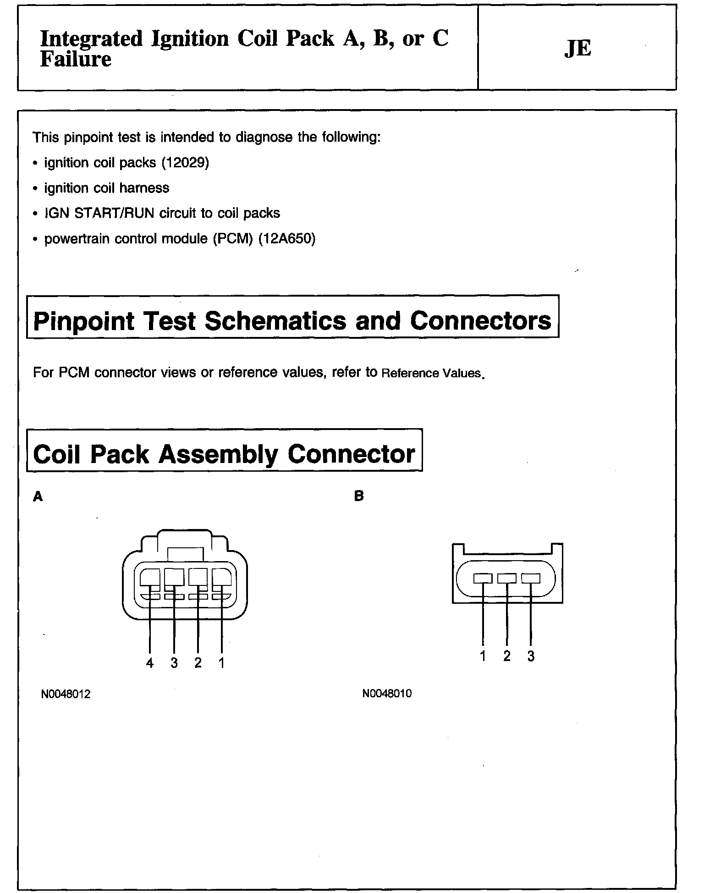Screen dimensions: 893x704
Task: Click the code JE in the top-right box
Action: pyautogui.click(x=577, y=49)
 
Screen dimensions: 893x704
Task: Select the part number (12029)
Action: pyautogui.click(x=185, y=163)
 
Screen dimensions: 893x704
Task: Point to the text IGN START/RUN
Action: pyautogui.click(x=99, y=213)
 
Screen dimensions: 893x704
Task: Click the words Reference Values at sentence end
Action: pyautogui.click(x=431, y=373)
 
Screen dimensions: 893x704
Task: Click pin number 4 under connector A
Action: pyautogui.click(x=150, y=663)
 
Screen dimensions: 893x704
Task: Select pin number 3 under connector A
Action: pyautogui.click(x=174, y=663)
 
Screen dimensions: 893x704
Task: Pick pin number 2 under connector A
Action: pyautogui.click(x=198, y=663)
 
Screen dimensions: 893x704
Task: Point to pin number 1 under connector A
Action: pyautogui.click(x=222, y=663)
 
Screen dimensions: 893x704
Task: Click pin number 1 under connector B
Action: pyautogui.click(x=483, y=656)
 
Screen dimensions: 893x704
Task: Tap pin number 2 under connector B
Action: pyautogui.click(x=507, y=656)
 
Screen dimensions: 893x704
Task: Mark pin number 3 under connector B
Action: pyautogui.click(x=531, y=656)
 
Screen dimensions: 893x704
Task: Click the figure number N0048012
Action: pyautogui.click(x=66, y=694)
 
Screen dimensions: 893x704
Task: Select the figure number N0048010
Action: pyautogui.click(x=387, y=694)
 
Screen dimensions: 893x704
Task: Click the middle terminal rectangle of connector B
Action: pyautogui.click(x=507, y=579)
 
